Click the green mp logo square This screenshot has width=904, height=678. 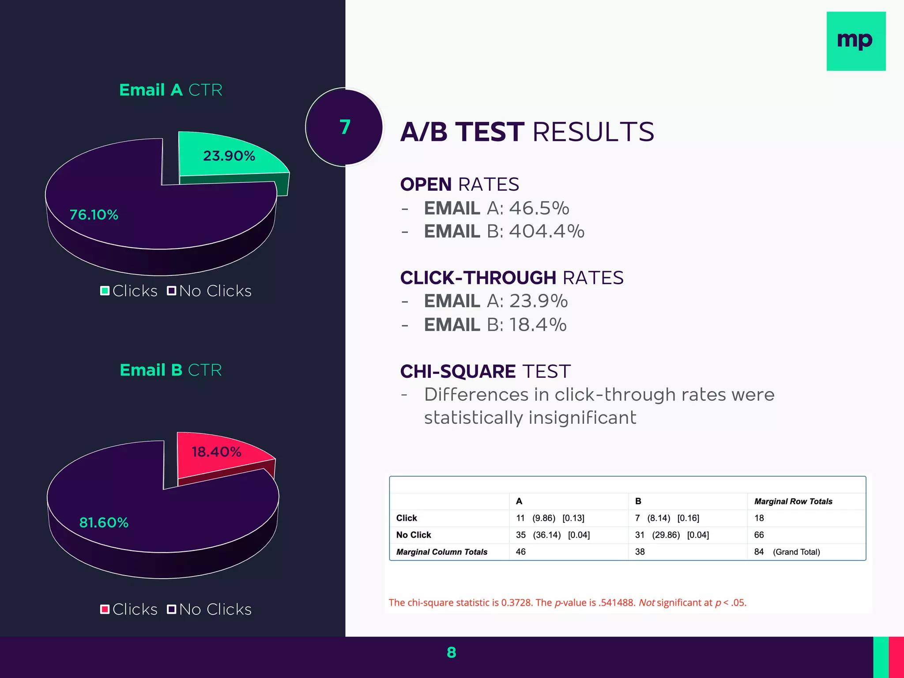[x=855, y=41]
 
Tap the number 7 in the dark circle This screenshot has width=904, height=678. [x=345, y=127]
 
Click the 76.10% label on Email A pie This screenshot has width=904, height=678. [x=94, y=215]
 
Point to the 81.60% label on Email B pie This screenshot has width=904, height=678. [x=104, y=523]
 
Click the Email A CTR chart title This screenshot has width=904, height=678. [x=171, y=90]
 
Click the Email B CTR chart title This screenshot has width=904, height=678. [x=171, y=370]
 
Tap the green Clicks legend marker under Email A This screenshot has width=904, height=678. [x=105, y=291]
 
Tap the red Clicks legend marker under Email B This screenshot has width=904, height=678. [x=105, y=610]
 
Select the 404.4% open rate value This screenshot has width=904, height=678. [x=546, y=231]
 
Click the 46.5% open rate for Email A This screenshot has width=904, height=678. [x=539, y=208]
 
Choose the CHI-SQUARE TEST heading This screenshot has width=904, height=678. [x=485, y=372]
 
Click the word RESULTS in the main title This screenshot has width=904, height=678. [x=593, y=132]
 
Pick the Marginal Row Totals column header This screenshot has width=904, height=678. [x=793, y=501]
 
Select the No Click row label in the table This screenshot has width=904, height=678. [x=414, y=535]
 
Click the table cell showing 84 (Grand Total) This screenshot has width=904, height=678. [x=787, y=552]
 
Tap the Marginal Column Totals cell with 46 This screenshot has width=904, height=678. [x=521, y=552]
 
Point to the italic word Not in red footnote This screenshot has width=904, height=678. [x=647, y=603]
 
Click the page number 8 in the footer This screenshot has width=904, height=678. [x=451, y=652]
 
